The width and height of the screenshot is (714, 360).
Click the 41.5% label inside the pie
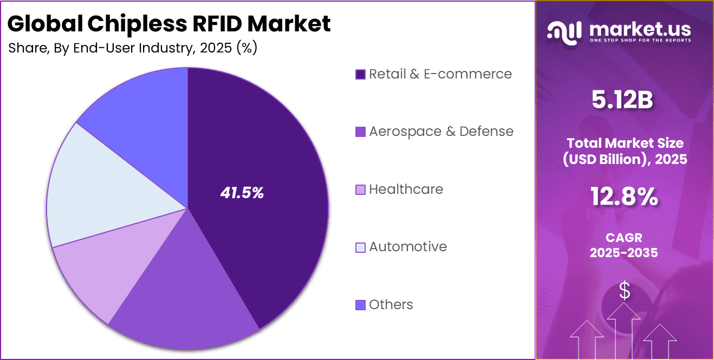[242, 193]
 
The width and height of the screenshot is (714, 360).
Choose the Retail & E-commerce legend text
[440, 74]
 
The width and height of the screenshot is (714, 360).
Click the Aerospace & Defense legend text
[441, 132]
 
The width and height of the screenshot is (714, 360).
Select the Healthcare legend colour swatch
[360, 190]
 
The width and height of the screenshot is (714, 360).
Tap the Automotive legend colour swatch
[360, 247]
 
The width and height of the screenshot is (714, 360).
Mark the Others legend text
[391, 305]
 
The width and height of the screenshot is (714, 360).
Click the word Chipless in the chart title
[127, 24]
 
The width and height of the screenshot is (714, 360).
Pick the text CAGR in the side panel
[624, 238]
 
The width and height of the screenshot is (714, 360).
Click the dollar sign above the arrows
[625, 291]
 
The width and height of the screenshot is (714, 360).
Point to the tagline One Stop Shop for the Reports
[639, 41]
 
